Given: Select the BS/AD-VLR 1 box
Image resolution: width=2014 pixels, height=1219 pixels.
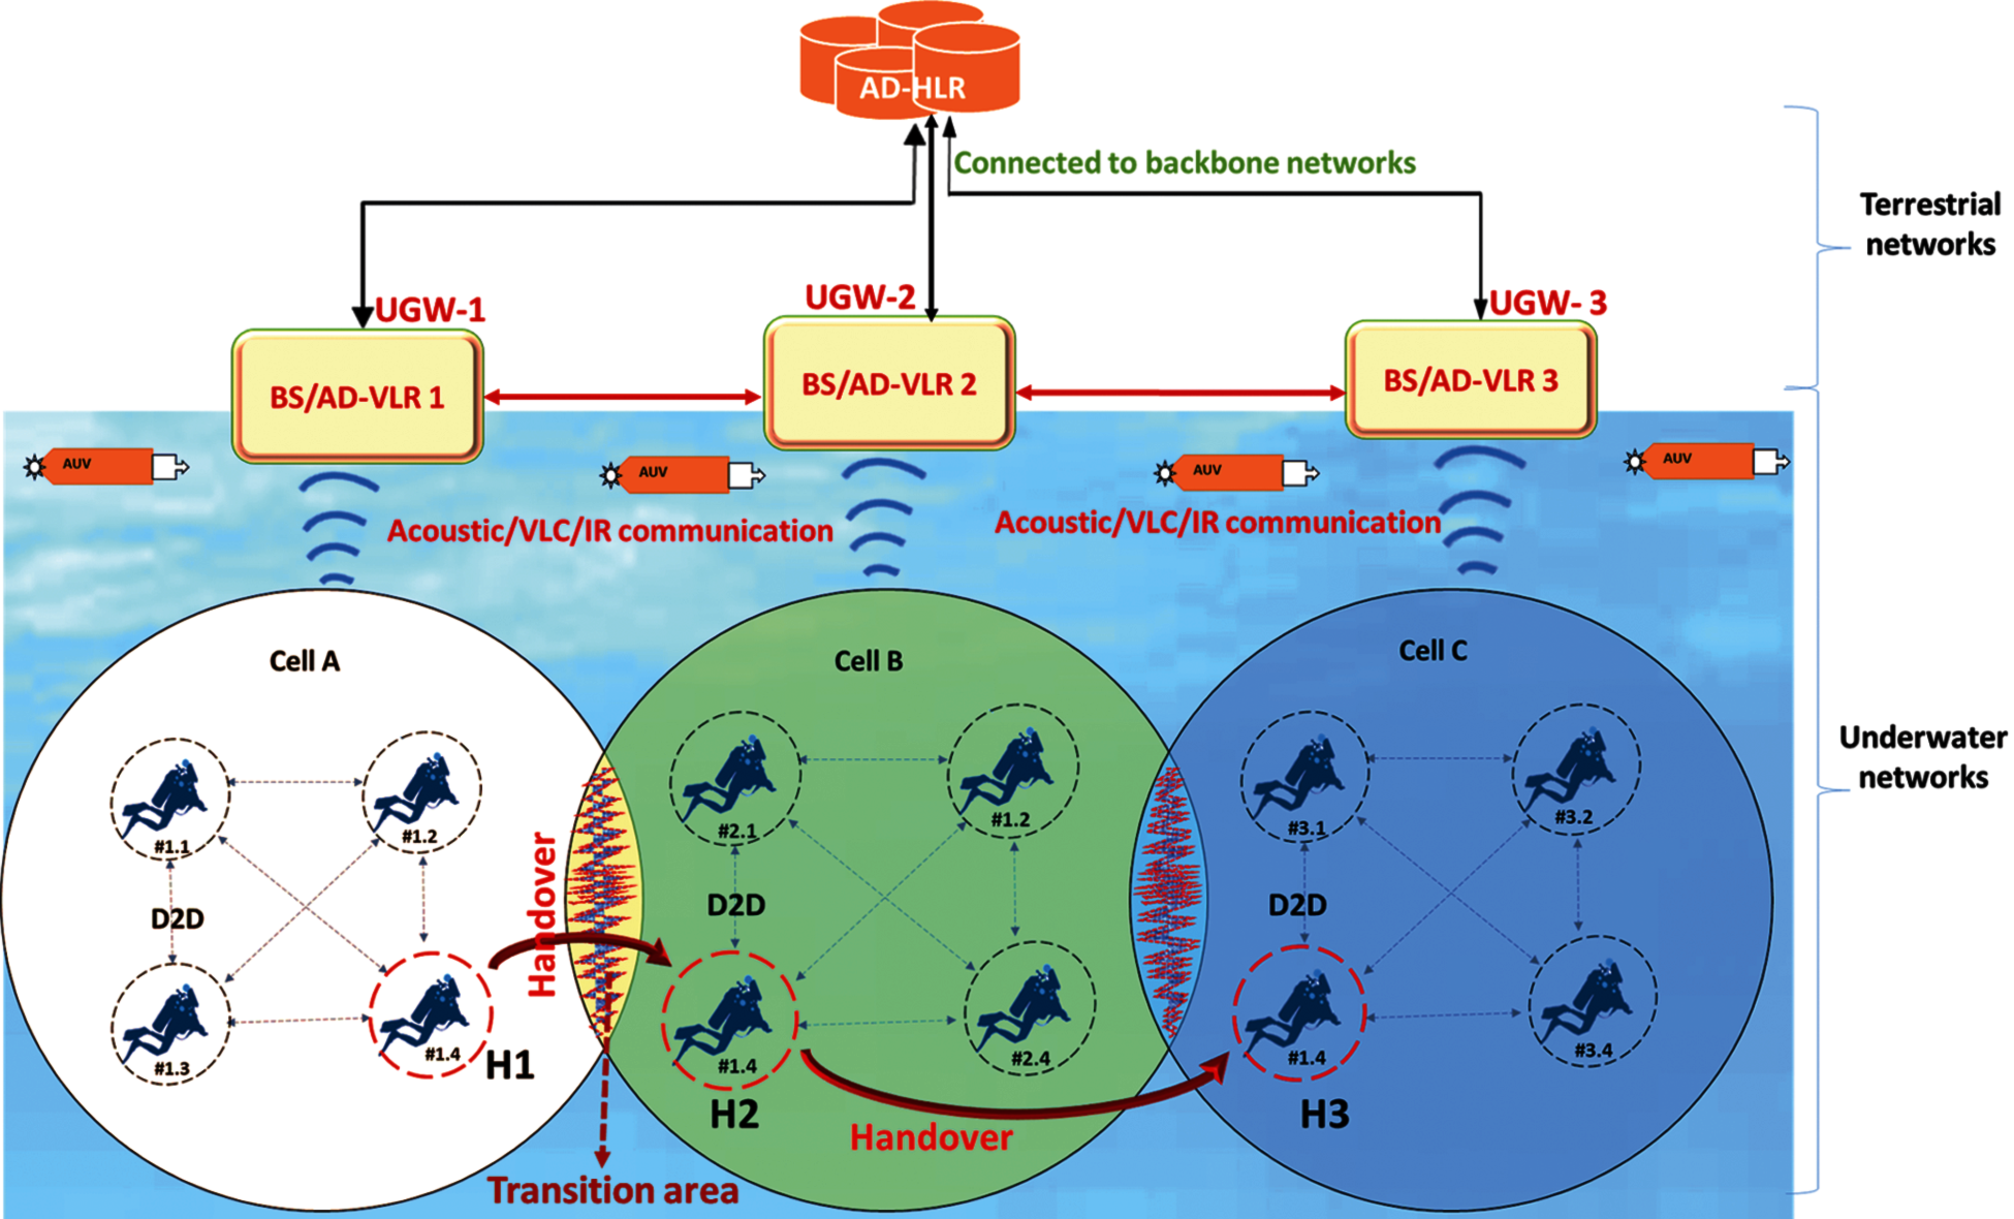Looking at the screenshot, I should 357,397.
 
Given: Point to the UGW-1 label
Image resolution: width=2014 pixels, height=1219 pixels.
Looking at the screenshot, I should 430,310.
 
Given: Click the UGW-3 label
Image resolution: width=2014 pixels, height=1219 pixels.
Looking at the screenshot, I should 1547,303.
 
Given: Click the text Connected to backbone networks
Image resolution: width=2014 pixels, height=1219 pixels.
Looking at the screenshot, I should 1184,163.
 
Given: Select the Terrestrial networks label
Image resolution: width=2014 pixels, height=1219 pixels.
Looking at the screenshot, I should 1930,224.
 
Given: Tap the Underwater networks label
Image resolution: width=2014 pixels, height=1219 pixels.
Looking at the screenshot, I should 1923,757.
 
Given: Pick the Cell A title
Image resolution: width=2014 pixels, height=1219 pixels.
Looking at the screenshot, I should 304,661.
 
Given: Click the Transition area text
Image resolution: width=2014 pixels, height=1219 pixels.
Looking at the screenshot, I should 613,1191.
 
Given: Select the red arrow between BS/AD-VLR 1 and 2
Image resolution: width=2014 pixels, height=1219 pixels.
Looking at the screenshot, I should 623,397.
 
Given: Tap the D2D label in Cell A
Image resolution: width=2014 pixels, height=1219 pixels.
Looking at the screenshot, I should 177,919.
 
